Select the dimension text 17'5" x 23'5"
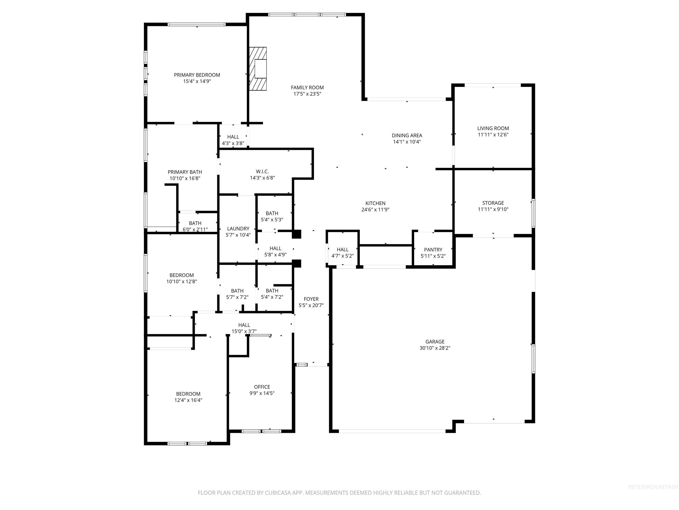coord(307,94)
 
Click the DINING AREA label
coord(407,135)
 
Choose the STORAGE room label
coord(493,203)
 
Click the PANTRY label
coord(433,250)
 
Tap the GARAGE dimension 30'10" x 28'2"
coord(435,348)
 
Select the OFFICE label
coord(262,387)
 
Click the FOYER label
coord(311,299)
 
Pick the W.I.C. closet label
coord(262,172)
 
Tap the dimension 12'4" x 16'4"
coord(188,400)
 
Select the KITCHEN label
coord(375,203)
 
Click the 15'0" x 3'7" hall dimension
coord(244,331)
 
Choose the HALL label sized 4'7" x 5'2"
coord(343,250)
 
